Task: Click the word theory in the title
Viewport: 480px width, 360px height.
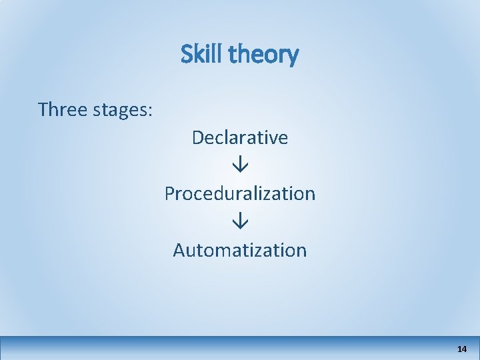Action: coord(263,55)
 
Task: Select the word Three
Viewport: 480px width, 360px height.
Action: coord(63,109)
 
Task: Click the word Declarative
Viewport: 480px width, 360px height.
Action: coord(240,137)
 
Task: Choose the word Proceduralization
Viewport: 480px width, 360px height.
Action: coord(240,193)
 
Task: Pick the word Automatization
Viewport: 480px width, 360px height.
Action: coord(240,250)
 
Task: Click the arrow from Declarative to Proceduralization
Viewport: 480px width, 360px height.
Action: coord(240,165)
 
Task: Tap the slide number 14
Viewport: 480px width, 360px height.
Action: coord(462,349)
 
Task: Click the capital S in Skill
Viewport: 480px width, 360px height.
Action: coord(187,54)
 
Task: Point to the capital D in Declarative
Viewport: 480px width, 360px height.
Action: coord(198,137)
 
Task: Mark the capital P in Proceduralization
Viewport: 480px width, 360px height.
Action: coord(170,193)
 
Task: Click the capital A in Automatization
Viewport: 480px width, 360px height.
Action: coord(179,250)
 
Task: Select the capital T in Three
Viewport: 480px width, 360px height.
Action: coord(43,109)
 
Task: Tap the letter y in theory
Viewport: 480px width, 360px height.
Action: coord(293,57)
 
